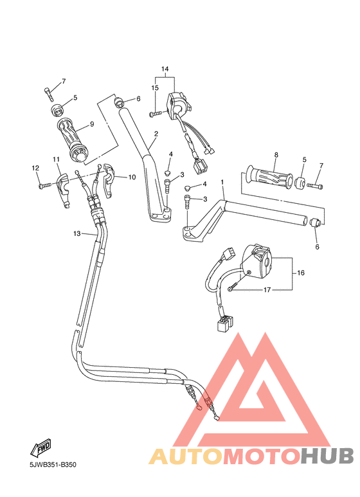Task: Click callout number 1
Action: click(222, 183)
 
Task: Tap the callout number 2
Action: click(156, 134)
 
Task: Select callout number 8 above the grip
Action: click(276, 155)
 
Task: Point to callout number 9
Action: click(92, 124)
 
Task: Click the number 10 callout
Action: click(132, 177)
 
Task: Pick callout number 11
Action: click(57, 159)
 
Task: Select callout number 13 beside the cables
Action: click(76, 233)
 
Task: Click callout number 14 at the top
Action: click(165, 69)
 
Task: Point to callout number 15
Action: click(155, 87)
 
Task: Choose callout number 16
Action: click(301, 273)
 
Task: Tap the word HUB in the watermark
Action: click(328, 455)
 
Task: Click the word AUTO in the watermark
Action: click(186, 455)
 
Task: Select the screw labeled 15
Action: click(155, 114)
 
